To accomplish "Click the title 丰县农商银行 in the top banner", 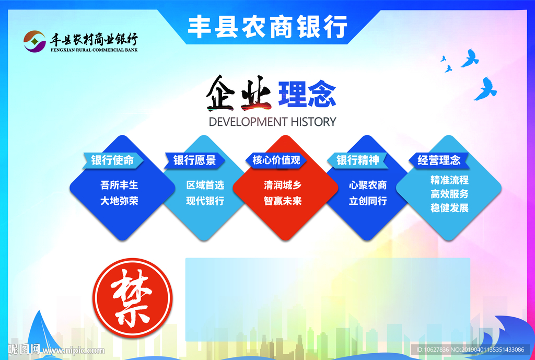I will click(267, 26).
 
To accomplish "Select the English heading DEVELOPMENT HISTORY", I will click(272, 122).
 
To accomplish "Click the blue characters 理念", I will click(307, 94).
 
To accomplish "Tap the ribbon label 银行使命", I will click(112, 160).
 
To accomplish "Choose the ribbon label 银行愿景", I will click(194, 160).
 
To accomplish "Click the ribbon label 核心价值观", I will click(276, 160).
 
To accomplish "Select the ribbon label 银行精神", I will click(357, 160).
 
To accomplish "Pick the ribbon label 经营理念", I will click(439, 160).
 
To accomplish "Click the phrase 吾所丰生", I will click(119, 185).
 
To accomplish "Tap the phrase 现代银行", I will click(205, 201).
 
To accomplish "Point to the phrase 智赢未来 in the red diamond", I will click(283, 201).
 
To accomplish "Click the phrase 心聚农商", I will click(368, 185).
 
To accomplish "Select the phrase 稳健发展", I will click(449, 207).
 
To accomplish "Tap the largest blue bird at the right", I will click(485, 88).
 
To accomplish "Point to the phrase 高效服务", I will click(449, 194).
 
